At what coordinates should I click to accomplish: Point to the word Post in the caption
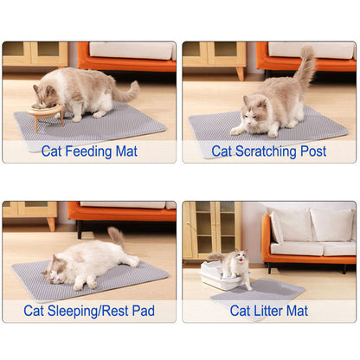tap(313, 151)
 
